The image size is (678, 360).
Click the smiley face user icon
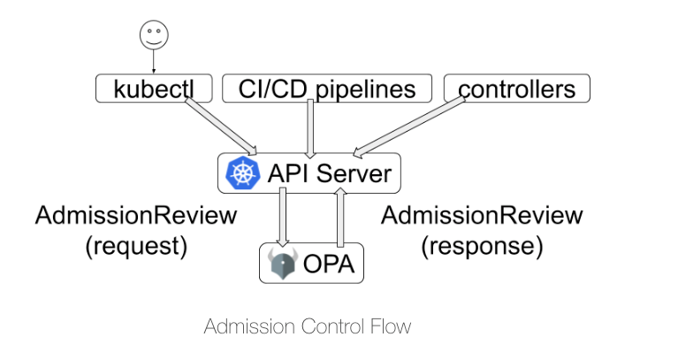(x=154, y=35)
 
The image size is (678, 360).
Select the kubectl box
(x=154, y=88)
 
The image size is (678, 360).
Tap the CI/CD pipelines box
(x=327, y=88)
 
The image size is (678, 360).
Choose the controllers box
(x=517, y=88)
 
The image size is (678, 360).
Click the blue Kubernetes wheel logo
(x=243, y=173)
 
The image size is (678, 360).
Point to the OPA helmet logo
(x=283, y=264)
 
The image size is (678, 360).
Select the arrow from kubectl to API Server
(x=221, y=126)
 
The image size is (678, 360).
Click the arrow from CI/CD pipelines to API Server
(x=310, y=129)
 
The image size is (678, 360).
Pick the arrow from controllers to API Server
(x=409, y=126)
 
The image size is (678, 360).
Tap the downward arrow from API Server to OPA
(x=282, y=217)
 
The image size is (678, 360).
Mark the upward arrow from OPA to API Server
(x=340, y=218)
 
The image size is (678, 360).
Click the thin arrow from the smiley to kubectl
(x=154, y=61)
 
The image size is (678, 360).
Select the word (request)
(x=136, y=247)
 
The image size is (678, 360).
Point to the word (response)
(x=482, y=247)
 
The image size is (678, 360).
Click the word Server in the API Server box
(x=354, y=174)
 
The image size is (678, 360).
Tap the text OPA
(x=329, y=264)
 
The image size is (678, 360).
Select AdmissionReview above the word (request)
(x=136, y=215)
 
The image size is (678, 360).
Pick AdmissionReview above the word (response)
(x=482, y=215)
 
